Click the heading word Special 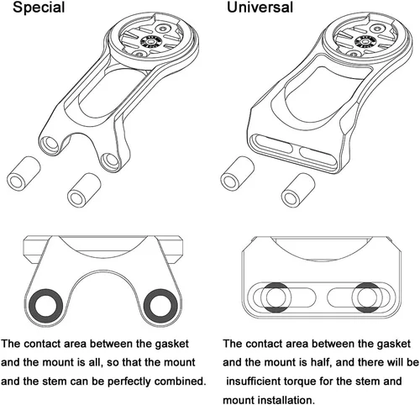click(39, 8)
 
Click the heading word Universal click(260, 7)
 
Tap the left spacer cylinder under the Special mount click(24, 174)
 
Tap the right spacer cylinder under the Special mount click(84, 190)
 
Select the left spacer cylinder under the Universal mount click(238, 174)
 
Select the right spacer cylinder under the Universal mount click(298, 190)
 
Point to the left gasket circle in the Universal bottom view click(276, 297)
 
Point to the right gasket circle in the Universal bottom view click(367, 297)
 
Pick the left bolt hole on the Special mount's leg click(50, 144)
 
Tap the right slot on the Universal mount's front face click(317, 155)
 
